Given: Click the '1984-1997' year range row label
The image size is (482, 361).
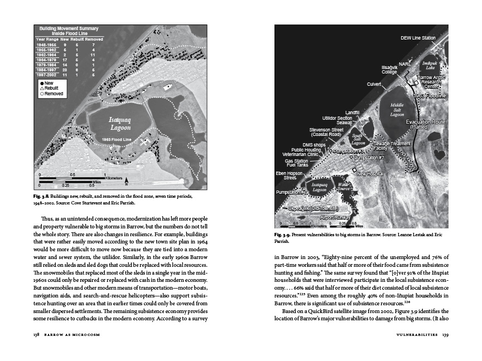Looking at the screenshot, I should tap(47, 69).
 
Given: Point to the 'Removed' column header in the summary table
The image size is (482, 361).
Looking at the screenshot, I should tap(94, 40).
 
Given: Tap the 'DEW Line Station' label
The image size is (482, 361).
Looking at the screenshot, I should tap(418, 38).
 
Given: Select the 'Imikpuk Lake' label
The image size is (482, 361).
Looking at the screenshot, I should tap(430, 65).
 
